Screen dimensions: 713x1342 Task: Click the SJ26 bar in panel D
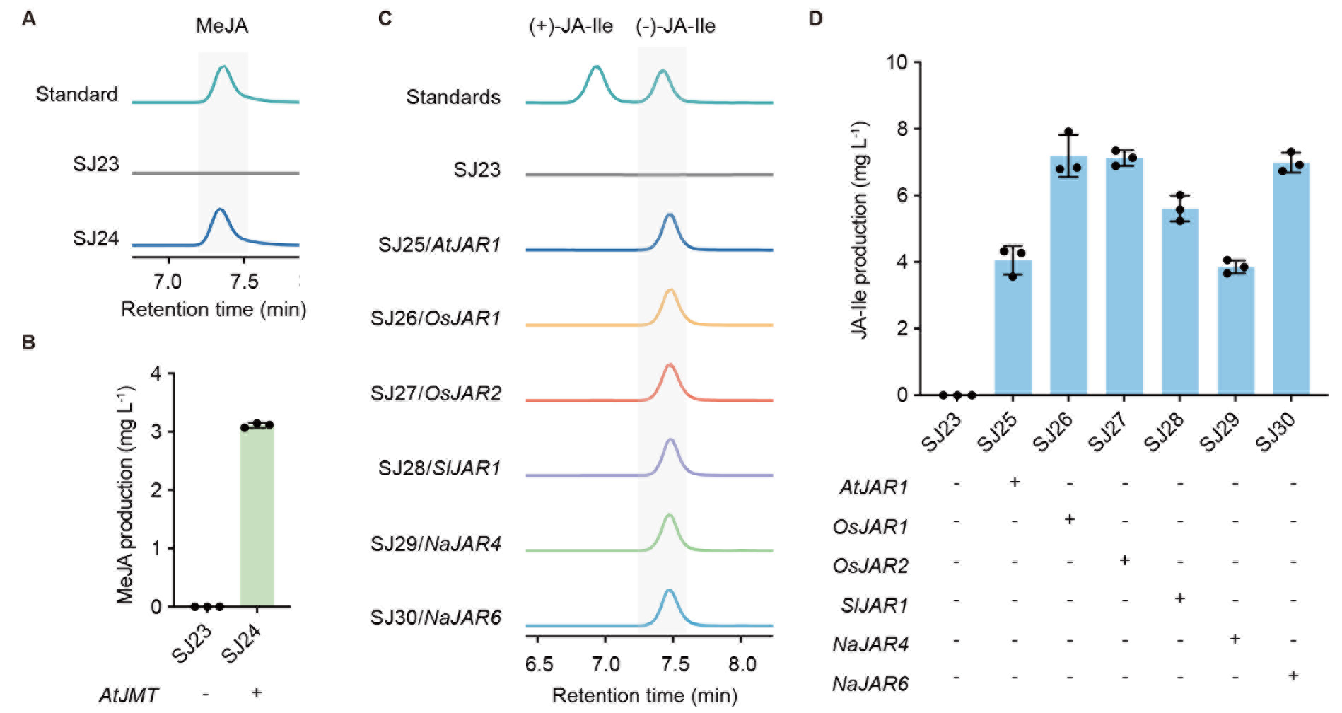[x=1068, y=276]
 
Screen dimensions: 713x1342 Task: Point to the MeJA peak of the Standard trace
[x=224, y=68]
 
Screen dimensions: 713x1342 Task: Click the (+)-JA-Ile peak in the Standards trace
[x=597, y=68]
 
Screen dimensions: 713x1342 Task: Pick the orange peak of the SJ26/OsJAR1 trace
[x=670, y=291]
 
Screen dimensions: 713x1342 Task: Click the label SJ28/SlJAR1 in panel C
[x=439, y=468]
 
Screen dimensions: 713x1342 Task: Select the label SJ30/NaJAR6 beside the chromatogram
[x=436, y=618]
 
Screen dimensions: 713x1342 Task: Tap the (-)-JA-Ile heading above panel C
[x=675, y=26]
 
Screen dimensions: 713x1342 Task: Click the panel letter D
[x=815, y=18]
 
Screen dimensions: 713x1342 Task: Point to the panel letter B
[x=28, y=342]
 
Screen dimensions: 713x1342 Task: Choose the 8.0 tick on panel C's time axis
[x=742, y=664]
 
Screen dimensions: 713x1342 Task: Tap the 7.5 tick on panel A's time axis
[x=244, y=282]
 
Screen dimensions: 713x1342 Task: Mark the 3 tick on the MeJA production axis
[x=156, y=431]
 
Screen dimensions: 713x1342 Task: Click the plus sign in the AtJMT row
[x=257, y=692]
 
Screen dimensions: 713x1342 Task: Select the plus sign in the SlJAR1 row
[x=1179, y=599]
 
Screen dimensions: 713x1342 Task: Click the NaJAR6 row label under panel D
[x=870, y=684]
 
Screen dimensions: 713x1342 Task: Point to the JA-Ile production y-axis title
[x=860, y=230]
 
